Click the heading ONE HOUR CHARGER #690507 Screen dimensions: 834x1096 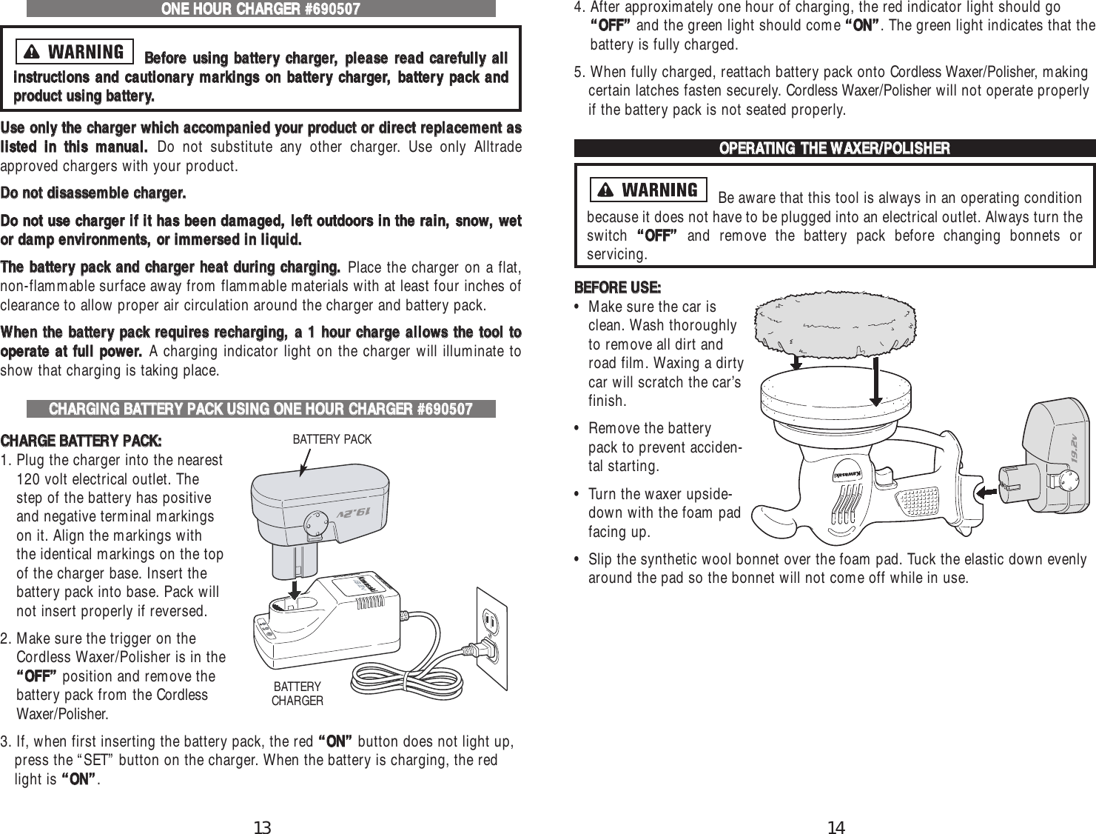(261, 9)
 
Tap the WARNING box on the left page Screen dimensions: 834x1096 (75, 52)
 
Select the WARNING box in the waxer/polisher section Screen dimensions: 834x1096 (649, 190)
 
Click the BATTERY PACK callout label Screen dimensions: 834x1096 (332, 439)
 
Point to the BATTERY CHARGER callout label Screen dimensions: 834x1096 (297, 693)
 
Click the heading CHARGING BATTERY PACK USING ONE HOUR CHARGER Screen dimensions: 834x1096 (261, 409)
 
